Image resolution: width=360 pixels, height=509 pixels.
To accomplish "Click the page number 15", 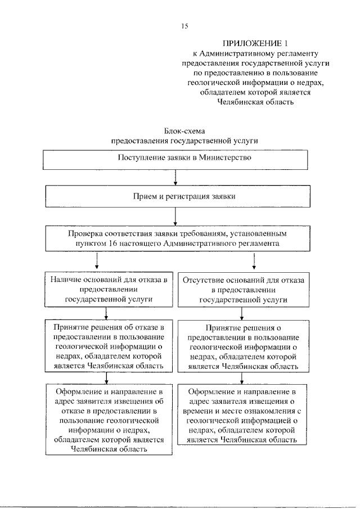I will coord(184,26).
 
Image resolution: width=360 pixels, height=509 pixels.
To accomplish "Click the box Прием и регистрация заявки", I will coord(176,196).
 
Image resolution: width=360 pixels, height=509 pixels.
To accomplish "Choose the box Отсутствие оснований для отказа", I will coord(243,290).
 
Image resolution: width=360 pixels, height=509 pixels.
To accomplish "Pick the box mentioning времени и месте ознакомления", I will coord(243,415).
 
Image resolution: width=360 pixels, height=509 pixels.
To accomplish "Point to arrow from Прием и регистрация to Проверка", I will coord(176,215).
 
